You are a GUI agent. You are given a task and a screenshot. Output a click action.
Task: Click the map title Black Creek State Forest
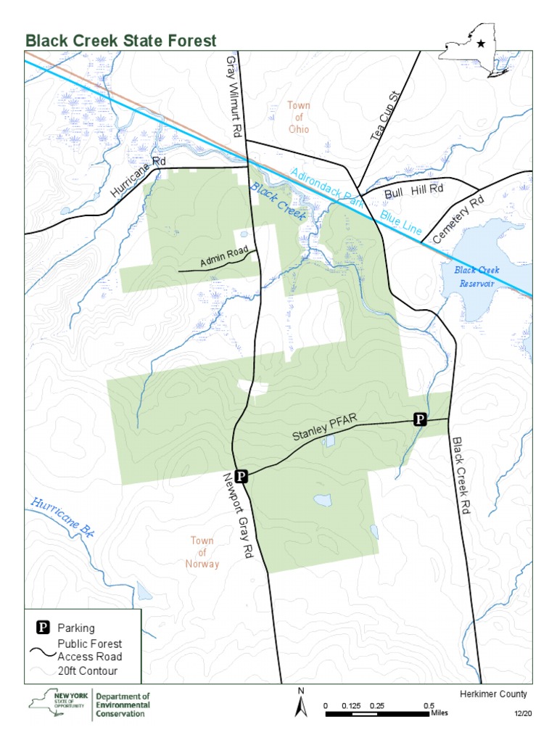pyautogui.click(x=121, y=41)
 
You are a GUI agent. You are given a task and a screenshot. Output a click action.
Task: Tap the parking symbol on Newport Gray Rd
pyautogui.click(x=242, y=476)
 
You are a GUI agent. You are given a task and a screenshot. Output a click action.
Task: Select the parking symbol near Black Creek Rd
pyautogui.click(x=419, y=419)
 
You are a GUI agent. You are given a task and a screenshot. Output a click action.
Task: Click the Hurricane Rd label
pyautogui.click(x=139, y=178)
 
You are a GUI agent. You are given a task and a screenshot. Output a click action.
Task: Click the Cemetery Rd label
pyautogui.click(x=458, y=220)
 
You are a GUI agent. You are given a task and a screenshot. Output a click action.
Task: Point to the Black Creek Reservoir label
pyautogui.click(x=476, y=276)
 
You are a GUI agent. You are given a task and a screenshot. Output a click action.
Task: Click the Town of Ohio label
pyautogui.click(x=298, y=118)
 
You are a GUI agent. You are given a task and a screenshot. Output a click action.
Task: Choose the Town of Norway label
pyautogui.click(x=202, y=552)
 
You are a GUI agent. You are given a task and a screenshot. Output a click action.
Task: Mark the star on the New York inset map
pyautogui.click(x=481, y=44)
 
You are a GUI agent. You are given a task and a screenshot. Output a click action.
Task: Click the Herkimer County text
pyautogui.click(x=493, y=694)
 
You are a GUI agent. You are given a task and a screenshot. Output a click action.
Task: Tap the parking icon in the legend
pyautogui.click(x=44, y=628)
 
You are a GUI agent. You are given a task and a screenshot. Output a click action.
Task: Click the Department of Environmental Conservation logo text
pyautogui.click(x=123, y=705)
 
